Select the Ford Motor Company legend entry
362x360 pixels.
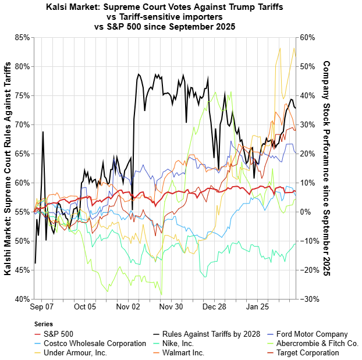point(312,334)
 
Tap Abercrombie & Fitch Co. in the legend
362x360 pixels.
point(317,343)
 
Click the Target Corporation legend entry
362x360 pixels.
point(307,352)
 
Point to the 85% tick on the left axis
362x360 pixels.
point(22,37)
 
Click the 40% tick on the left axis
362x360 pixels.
point(22,299)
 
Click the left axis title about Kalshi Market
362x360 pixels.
point(8,168)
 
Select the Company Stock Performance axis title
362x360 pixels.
point(326,168)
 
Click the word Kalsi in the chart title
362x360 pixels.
point(59,8)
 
